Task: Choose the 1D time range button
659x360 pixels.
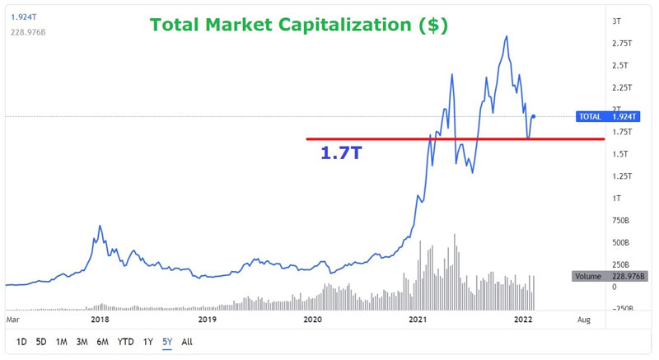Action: pos(21,341)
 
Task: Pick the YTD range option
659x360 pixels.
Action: pos(125,341)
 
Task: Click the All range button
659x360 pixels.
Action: pos(187,341)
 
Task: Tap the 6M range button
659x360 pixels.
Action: pos(102,341)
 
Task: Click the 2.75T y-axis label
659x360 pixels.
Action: pos(621,43)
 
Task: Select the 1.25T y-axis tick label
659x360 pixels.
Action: pos(621,176)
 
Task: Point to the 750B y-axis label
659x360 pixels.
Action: pos(620,221)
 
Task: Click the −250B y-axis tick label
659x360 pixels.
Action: pos(620,309)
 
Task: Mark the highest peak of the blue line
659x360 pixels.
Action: pos(505,36)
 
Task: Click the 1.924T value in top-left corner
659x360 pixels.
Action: pos(17,14)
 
